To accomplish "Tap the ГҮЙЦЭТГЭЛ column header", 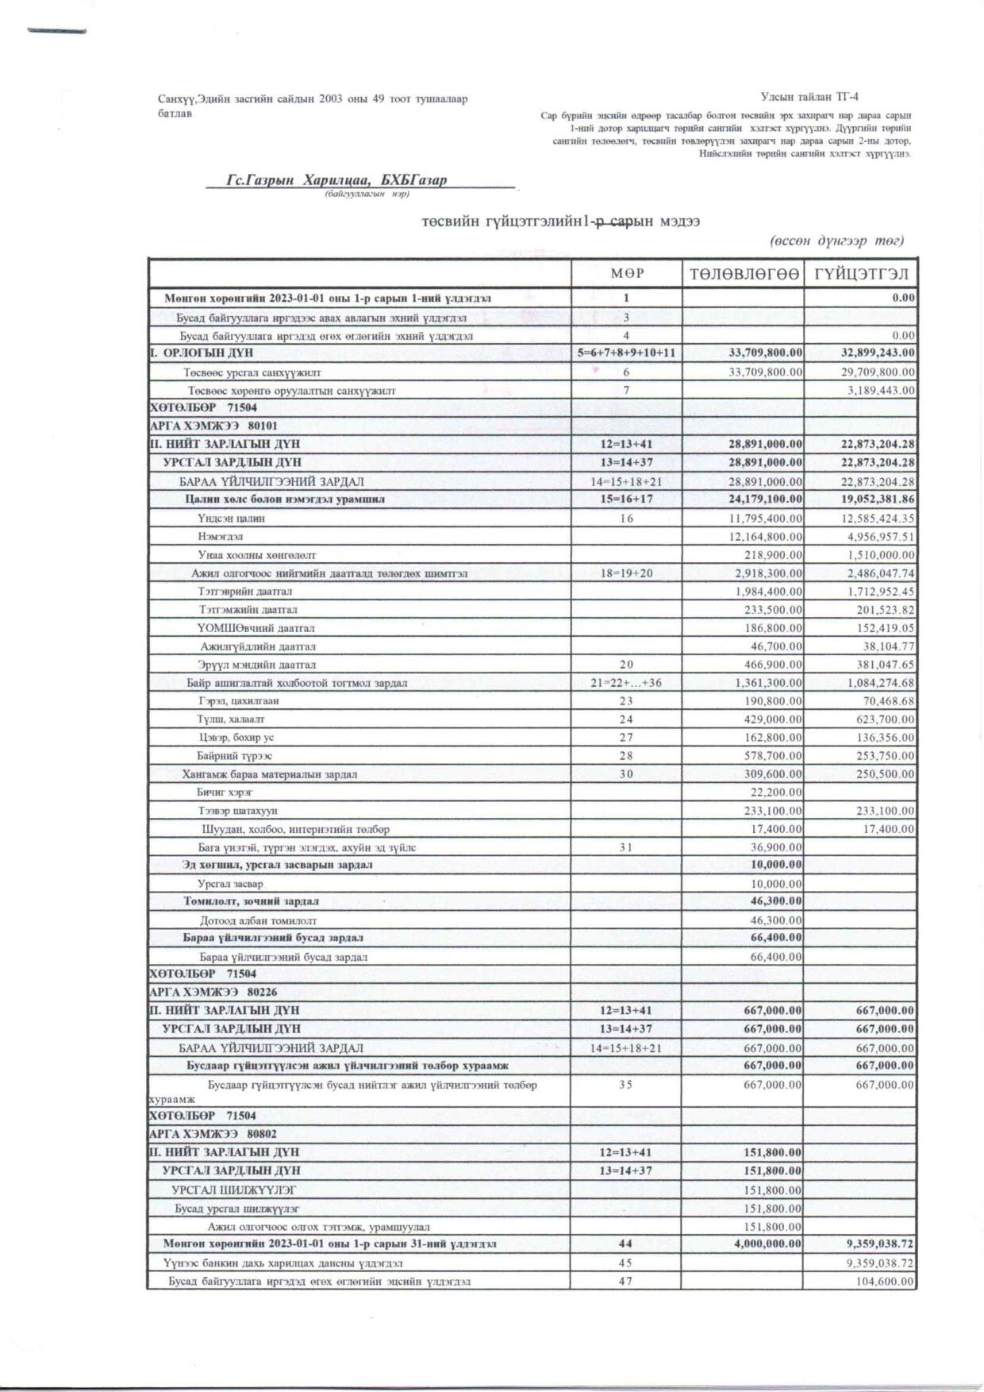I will (861, 274).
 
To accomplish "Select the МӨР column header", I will (627, 274).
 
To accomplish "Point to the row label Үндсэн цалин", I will (232, 519).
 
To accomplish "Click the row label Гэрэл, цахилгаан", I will (239, 701).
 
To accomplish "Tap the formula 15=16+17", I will (626, 499).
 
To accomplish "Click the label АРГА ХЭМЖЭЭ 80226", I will (213, 992).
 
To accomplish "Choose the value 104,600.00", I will (886, 1282).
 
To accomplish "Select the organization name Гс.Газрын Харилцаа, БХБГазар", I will (336, 180).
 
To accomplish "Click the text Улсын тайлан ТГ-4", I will (809, 97).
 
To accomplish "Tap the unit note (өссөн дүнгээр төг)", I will (836, 241).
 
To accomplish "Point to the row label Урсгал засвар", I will (230, 884).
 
